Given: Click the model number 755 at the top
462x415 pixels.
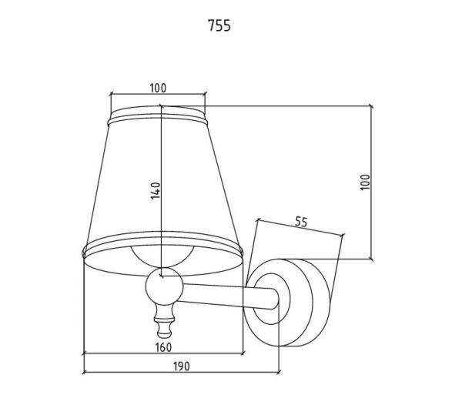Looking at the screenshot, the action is tap(219, 25).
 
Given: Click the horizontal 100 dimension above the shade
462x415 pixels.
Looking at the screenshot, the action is tap(158, 88).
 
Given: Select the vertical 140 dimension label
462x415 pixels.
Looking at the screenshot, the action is tap(156, 191).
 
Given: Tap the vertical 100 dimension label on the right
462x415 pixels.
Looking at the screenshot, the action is tap(365, 182).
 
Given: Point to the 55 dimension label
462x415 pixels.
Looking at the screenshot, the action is tap(301, 222).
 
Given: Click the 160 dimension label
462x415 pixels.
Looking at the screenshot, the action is tap(163, 347).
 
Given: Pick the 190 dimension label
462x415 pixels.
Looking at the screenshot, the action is tap(182, 366).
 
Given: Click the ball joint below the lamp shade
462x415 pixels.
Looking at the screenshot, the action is tap(165, 286).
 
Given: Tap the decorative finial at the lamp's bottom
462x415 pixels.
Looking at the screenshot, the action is tap(165, 322).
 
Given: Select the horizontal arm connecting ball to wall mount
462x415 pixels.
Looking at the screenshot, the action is tap(229, 296).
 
